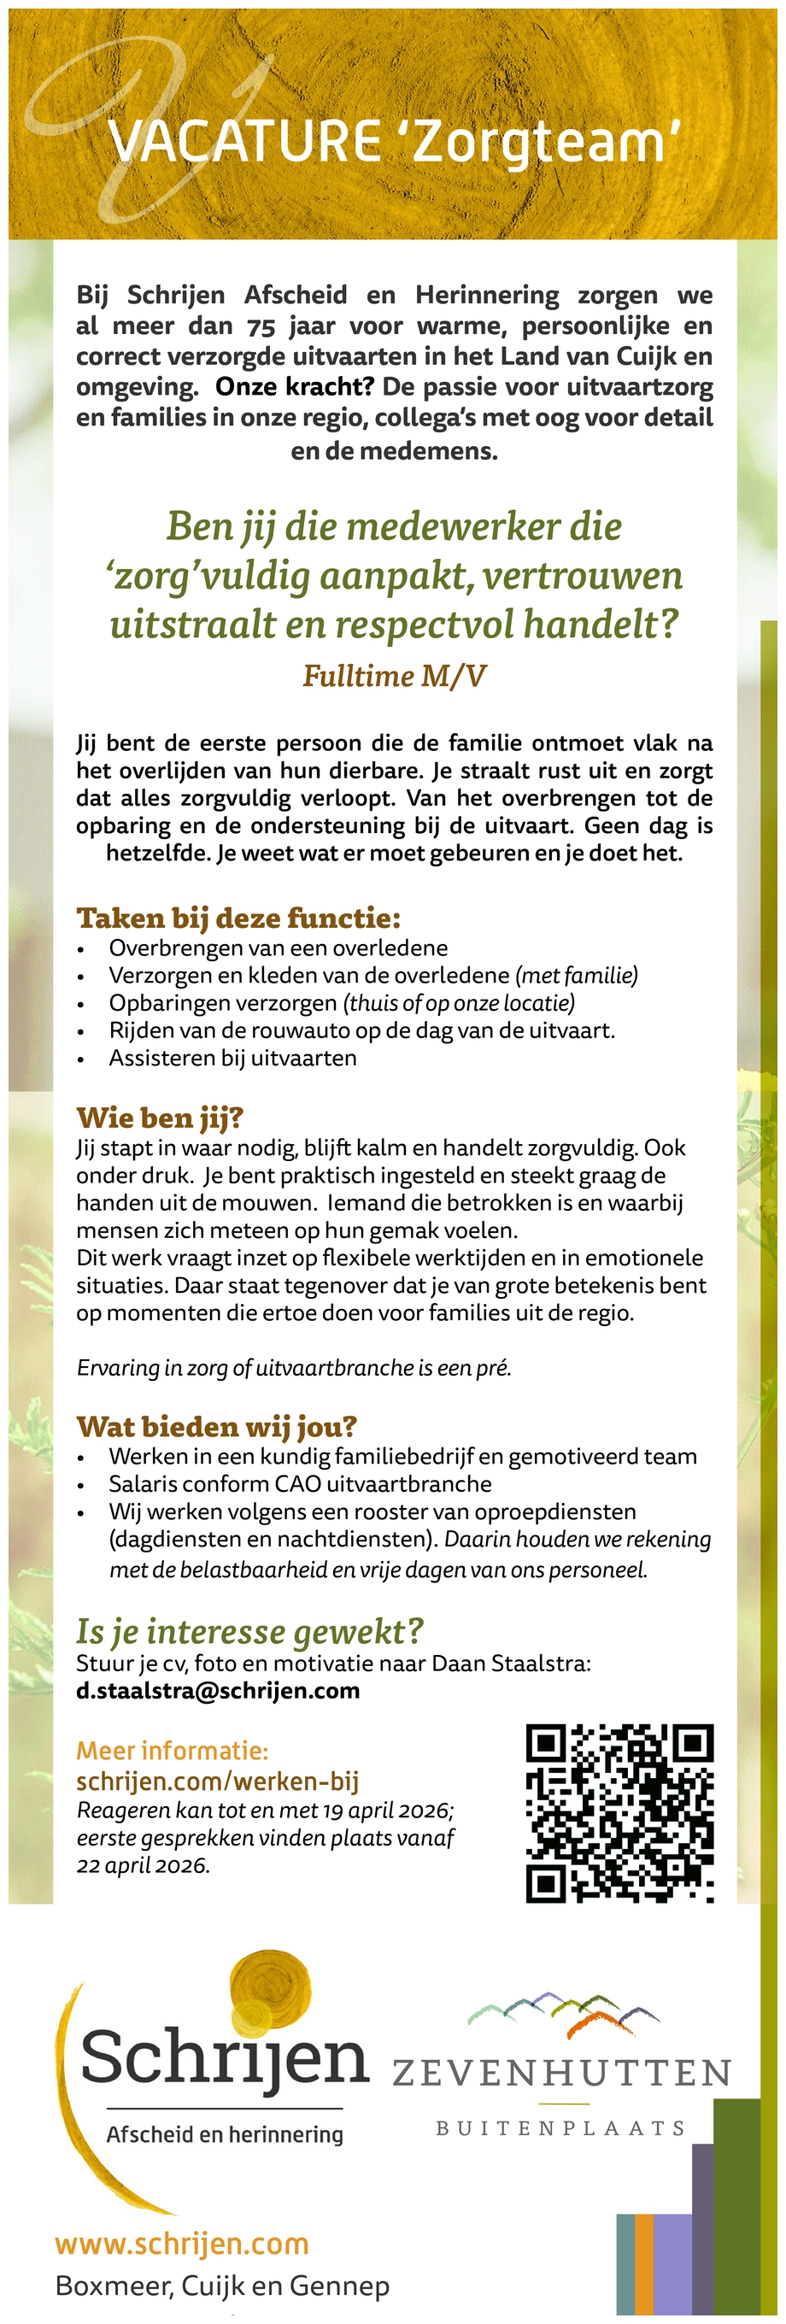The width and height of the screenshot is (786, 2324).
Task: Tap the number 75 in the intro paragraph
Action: [261, 326]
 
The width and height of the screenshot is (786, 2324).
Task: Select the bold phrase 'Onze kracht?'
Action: [294, 387]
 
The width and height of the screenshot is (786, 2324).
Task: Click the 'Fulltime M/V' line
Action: [395, 676]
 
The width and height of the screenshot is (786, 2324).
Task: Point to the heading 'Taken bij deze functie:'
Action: [238, 918]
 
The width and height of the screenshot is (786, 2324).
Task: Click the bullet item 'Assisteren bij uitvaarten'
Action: [233, 1058]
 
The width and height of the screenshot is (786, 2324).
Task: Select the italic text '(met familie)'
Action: [577, 975]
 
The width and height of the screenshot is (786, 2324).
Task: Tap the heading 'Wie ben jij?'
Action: [160, 1118]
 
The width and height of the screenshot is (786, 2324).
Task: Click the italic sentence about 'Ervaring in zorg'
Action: [294, 1368]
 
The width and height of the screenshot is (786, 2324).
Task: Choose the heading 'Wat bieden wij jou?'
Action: [217, 1426]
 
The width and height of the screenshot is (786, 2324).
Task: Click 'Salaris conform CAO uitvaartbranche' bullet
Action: [301, 1484]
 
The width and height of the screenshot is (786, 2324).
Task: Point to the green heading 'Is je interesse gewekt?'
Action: [250, 1631]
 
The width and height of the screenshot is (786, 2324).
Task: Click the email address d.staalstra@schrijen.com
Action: [219, 1691]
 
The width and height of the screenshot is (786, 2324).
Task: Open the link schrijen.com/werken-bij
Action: [218, 1781]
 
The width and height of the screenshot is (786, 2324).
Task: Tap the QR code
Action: [620, 1814]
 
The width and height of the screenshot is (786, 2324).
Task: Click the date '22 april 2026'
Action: [143, 1866]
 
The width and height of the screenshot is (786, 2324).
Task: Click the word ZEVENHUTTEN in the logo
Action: [561, 2073]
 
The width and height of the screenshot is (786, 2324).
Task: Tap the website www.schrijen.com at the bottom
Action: [182, 2244]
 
